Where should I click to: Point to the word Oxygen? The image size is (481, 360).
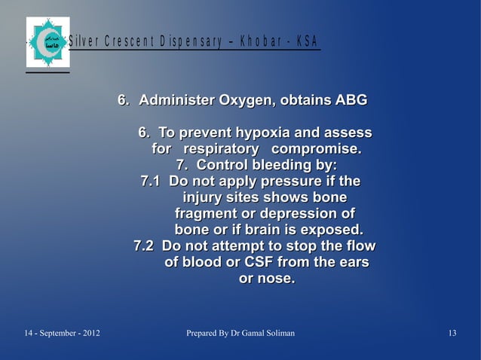[245, 100]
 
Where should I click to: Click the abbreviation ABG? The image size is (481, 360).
[351, 100]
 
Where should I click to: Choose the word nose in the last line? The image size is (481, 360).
[275, 279]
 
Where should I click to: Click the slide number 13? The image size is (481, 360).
[452, 333]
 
